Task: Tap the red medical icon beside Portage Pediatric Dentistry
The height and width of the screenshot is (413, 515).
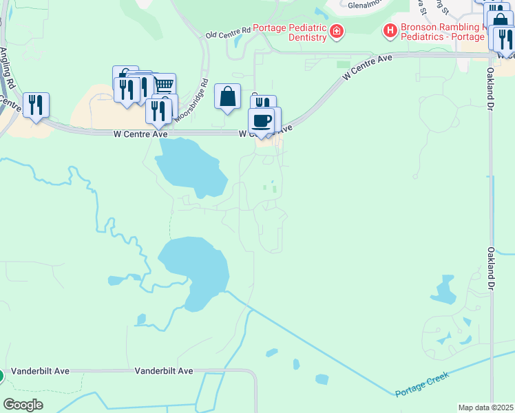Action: point(336,31)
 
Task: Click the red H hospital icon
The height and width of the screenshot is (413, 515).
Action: point(390,30)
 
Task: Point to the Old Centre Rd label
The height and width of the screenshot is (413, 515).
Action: point(228,32)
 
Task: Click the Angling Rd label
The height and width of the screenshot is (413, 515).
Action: point(8,70)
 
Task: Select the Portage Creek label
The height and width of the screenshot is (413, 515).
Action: point(422,384)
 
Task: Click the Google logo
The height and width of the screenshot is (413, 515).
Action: point(23,404)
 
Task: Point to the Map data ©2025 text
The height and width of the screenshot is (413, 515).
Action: point(485,407)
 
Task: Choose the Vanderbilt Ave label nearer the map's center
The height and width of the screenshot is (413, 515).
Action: point(164,370)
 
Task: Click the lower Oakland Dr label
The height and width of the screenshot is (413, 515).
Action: point(491,268)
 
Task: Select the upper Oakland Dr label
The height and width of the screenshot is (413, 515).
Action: point(491,81)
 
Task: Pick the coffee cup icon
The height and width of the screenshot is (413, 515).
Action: point(261,121)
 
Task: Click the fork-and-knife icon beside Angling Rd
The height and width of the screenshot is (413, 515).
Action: point(36,105)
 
